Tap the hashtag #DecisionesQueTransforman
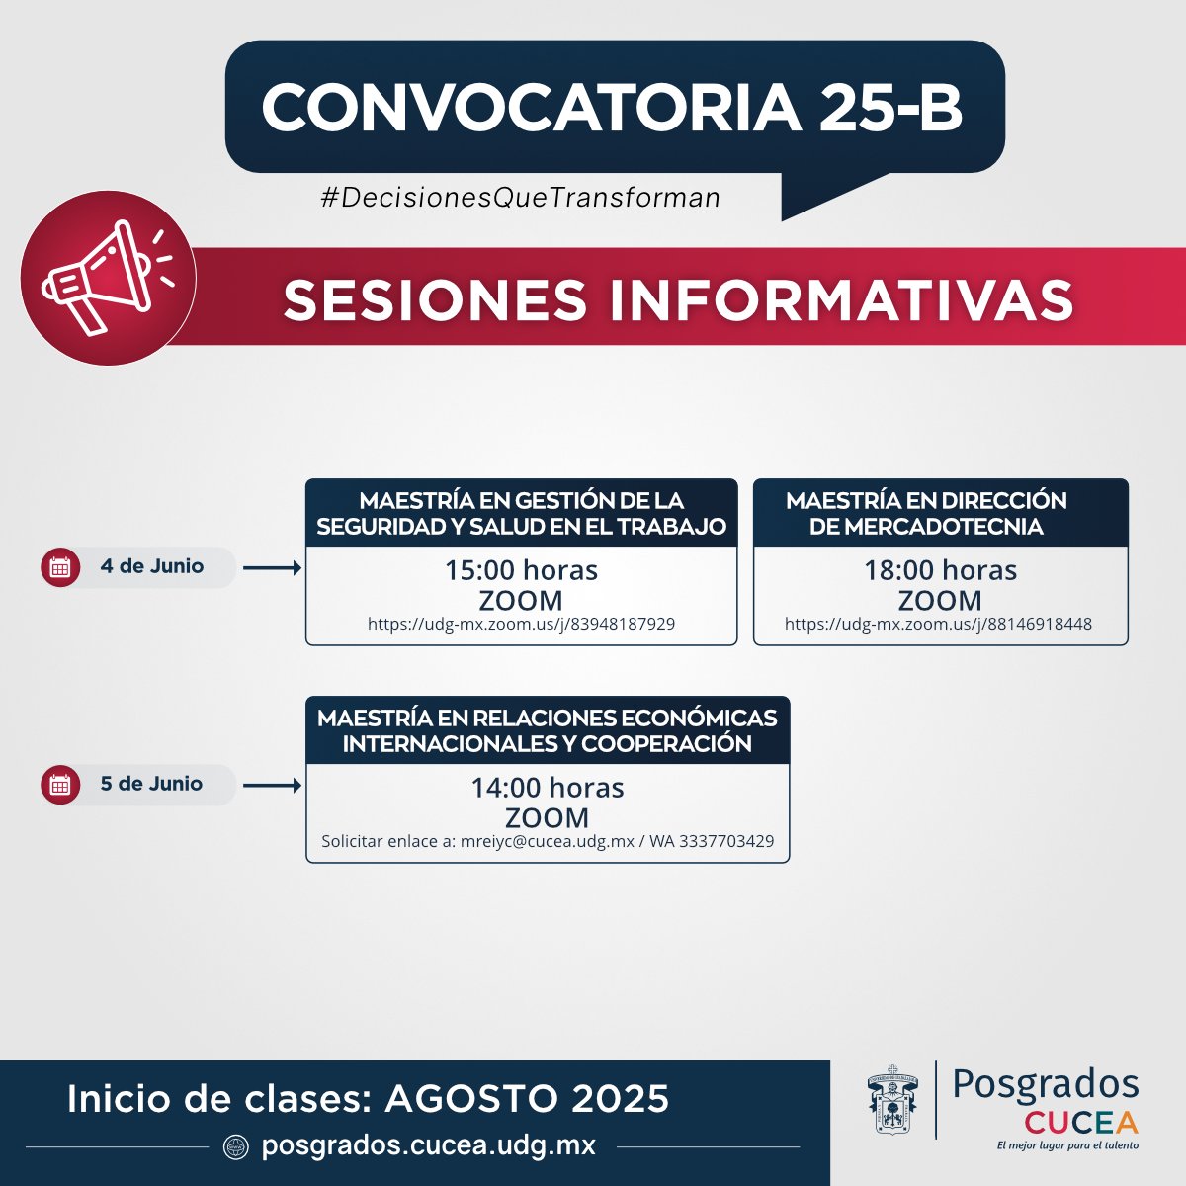(520, 198)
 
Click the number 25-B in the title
(889, 107)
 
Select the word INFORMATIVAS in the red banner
(841, 299)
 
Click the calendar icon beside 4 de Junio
(60, 567)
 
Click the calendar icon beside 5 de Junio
(60, 785)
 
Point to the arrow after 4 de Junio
(272, 568)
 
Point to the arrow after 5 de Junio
(272, 786)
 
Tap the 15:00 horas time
(521, 570)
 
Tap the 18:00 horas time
(940, 570)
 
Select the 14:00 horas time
(547, 788)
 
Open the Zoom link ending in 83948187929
(521, 625)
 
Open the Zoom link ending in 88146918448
(938, 625)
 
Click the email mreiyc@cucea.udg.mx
(548, 842)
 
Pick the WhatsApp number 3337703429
(725, 842)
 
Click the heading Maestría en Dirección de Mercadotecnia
(926, 513)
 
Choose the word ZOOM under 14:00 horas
(547, 817)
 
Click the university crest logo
(891, 1100)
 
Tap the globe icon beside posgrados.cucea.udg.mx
(235, 1146)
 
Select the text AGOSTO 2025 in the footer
(527, 1099)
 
